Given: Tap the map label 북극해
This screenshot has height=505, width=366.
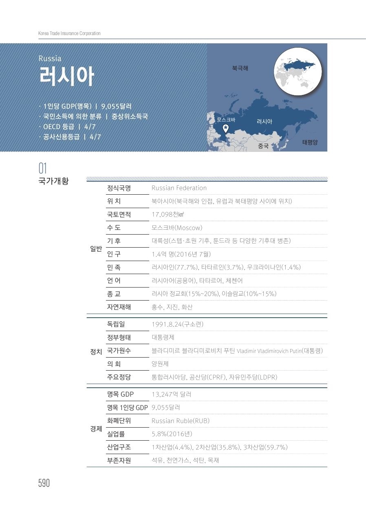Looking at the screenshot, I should point(240,68).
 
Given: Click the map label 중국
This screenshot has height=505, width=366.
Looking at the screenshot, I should point(263,146).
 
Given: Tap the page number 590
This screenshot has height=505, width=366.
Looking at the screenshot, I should point(44,483).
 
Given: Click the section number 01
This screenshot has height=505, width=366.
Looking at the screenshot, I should point(43,168).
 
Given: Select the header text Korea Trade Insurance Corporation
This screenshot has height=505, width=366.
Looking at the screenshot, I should point(69,33).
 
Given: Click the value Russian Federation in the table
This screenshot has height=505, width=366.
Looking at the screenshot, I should point(179,188).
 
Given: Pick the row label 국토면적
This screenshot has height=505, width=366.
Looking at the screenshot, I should point(119,215).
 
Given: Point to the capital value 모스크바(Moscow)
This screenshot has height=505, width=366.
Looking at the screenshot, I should point(177,228).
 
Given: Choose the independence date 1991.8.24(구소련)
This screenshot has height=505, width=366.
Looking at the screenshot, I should point(177,324).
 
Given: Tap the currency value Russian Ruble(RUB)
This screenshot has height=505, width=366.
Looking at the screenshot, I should point(181,421).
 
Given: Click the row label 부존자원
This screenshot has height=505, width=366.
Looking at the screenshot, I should point(119,460).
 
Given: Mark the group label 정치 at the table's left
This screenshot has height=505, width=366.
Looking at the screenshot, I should point(96,351).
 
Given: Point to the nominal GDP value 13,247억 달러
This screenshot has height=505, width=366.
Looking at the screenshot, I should point(171,394).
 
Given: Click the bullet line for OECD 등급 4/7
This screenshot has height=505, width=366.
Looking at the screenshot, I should point(67,127).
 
